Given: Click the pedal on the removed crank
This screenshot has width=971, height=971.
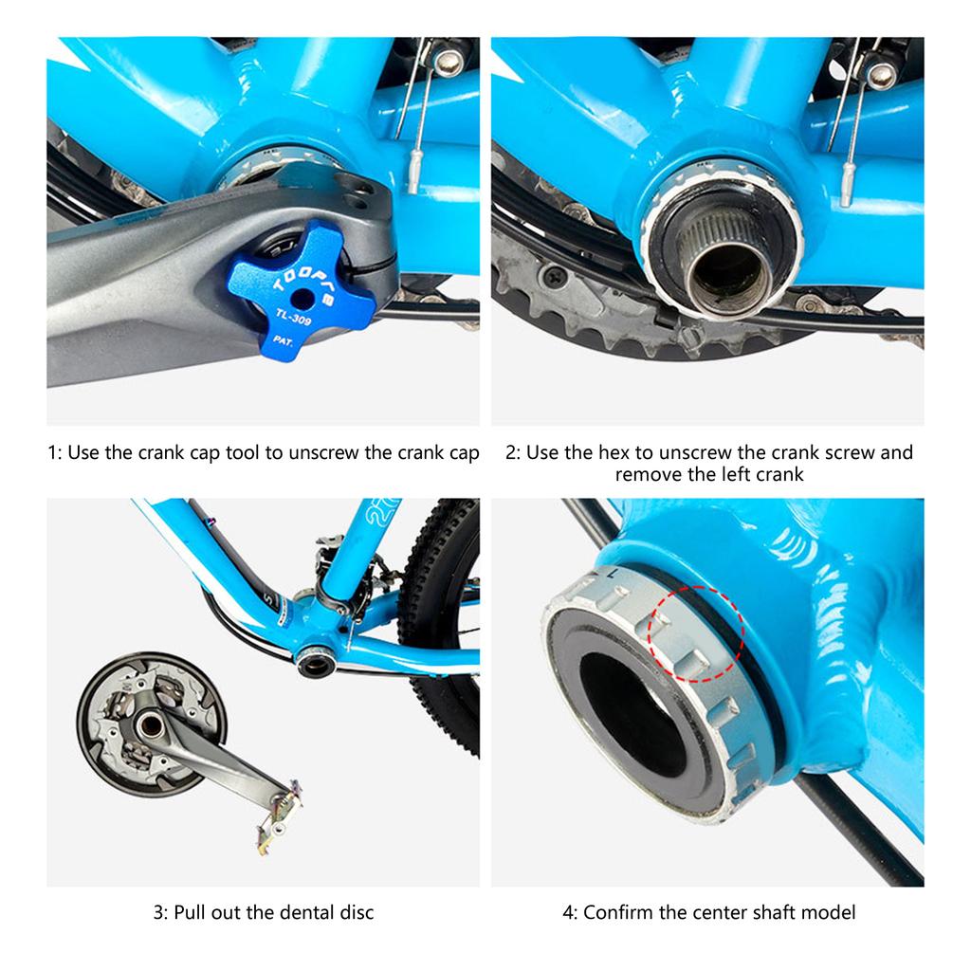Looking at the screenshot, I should [281, 812].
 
